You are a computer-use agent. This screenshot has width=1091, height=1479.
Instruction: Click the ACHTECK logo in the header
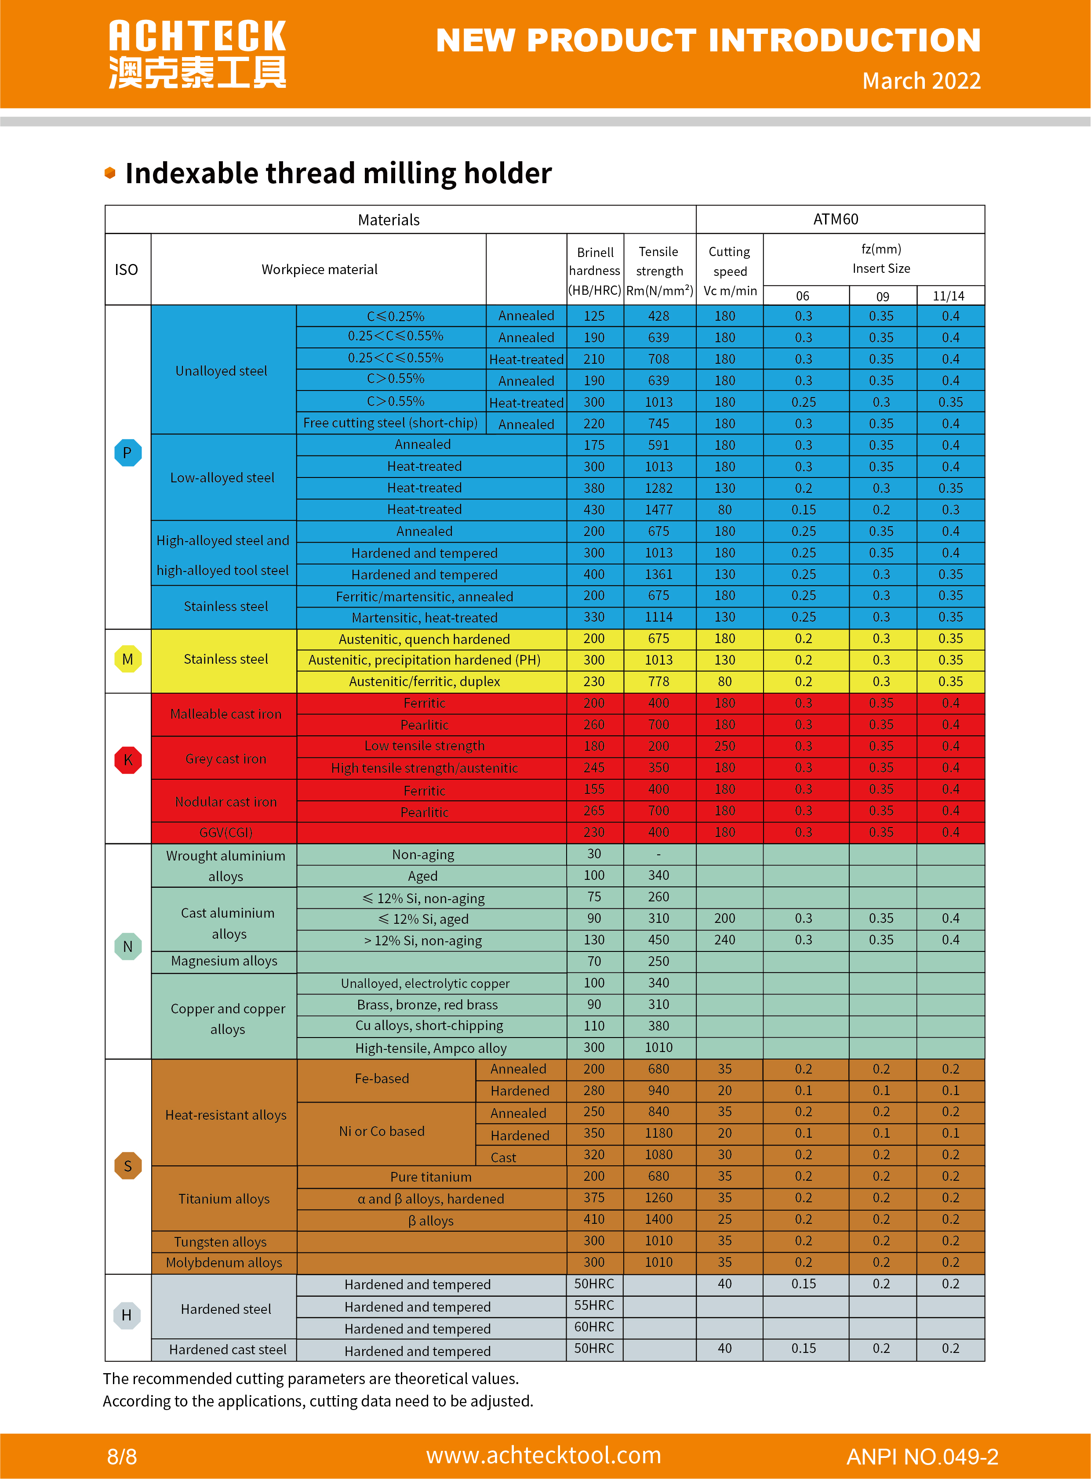[x=197, y=54]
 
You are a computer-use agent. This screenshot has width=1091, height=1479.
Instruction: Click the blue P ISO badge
[x=127, y=453]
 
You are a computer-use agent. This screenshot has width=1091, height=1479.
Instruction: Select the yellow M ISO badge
[x=127, y=659]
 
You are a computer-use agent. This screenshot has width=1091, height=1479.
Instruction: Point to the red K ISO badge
[x=127, y=759]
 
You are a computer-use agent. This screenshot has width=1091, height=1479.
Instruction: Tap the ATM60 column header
[x=836, y=219]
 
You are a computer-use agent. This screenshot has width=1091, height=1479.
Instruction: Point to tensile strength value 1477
[x=658, y=510]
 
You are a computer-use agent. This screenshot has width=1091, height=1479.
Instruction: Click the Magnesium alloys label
[x=224, y=961]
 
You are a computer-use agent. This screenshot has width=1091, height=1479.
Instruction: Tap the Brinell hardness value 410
[x=594, y=1219]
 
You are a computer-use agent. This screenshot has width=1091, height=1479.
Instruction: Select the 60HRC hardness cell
[x=594, y=1327]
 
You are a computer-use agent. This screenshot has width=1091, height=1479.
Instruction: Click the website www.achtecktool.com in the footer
[x=543, y=1455]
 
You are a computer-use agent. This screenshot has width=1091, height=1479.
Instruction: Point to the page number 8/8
[x=122, y=1456]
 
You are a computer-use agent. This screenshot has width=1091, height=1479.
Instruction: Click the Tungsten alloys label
[x=221, y=1241]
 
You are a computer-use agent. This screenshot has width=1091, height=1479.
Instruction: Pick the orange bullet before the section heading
[x=110, y=173]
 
